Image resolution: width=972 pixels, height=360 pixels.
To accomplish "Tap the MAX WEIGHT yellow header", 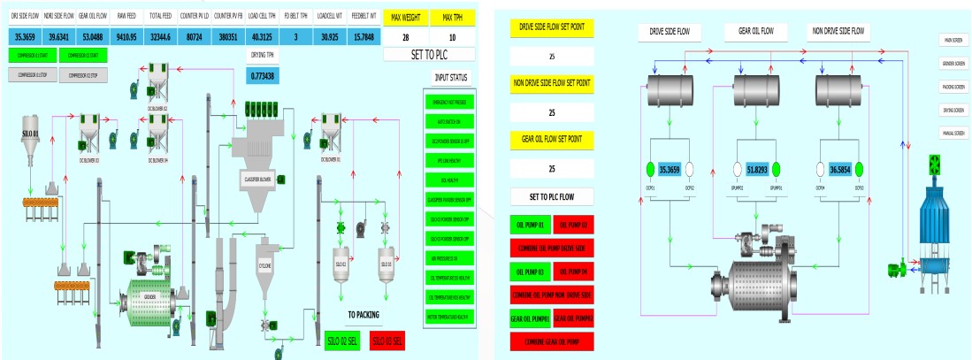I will point(405,18).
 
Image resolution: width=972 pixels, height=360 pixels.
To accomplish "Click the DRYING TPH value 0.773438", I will point(263,74).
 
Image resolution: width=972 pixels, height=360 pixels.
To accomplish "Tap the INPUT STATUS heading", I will point(450,77).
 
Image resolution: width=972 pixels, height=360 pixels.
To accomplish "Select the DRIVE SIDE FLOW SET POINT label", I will point(553,27).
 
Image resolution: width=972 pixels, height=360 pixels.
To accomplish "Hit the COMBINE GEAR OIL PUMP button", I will point(553,341).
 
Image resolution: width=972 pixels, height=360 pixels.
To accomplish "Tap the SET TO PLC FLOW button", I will point(553,196).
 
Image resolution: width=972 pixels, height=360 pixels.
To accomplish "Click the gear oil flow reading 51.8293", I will point(755,169).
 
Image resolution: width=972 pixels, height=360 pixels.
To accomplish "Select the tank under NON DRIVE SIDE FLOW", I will point(838,88).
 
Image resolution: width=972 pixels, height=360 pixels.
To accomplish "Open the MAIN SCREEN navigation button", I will point(952,39).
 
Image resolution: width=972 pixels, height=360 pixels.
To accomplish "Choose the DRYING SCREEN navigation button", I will point(952,109).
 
